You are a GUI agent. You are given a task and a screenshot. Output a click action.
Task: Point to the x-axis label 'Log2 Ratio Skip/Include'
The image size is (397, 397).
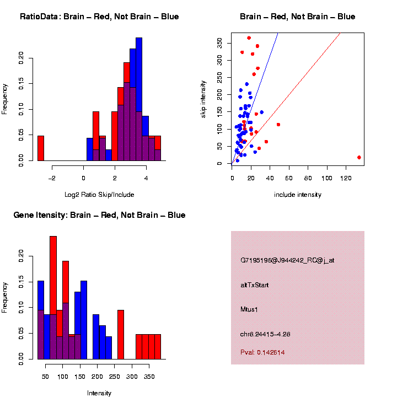(99, 195)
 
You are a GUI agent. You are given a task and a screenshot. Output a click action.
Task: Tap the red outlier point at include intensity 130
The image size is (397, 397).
(359, 157)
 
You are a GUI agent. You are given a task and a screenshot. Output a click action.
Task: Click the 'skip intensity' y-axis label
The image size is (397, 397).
(203, 98)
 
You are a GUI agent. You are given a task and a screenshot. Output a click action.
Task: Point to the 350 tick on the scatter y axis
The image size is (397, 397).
(219, 44)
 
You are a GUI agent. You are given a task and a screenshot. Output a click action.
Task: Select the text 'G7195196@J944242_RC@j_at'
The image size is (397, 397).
(287, 260)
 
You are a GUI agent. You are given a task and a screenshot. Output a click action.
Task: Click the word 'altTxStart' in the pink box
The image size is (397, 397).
(255, 285)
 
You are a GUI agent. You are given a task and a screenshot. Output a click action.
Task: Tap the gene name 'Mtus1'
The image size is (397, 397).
(249, 309)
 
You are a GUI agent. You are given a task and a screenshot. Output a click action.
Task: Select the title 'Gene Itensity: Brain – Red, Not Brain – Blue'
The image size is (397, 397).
(99, 215)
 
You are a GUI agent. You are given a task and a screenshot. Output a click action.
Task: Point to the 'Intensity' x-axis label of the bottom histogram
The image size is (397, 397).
(99, 393)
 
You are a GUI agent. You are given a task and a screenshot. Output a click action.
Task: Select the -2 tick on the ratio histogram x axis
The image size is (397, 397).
(52, 178)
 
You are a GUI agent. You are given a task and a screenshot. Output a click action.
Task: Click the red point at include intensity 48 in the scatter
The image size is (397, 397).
(278, 125)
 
